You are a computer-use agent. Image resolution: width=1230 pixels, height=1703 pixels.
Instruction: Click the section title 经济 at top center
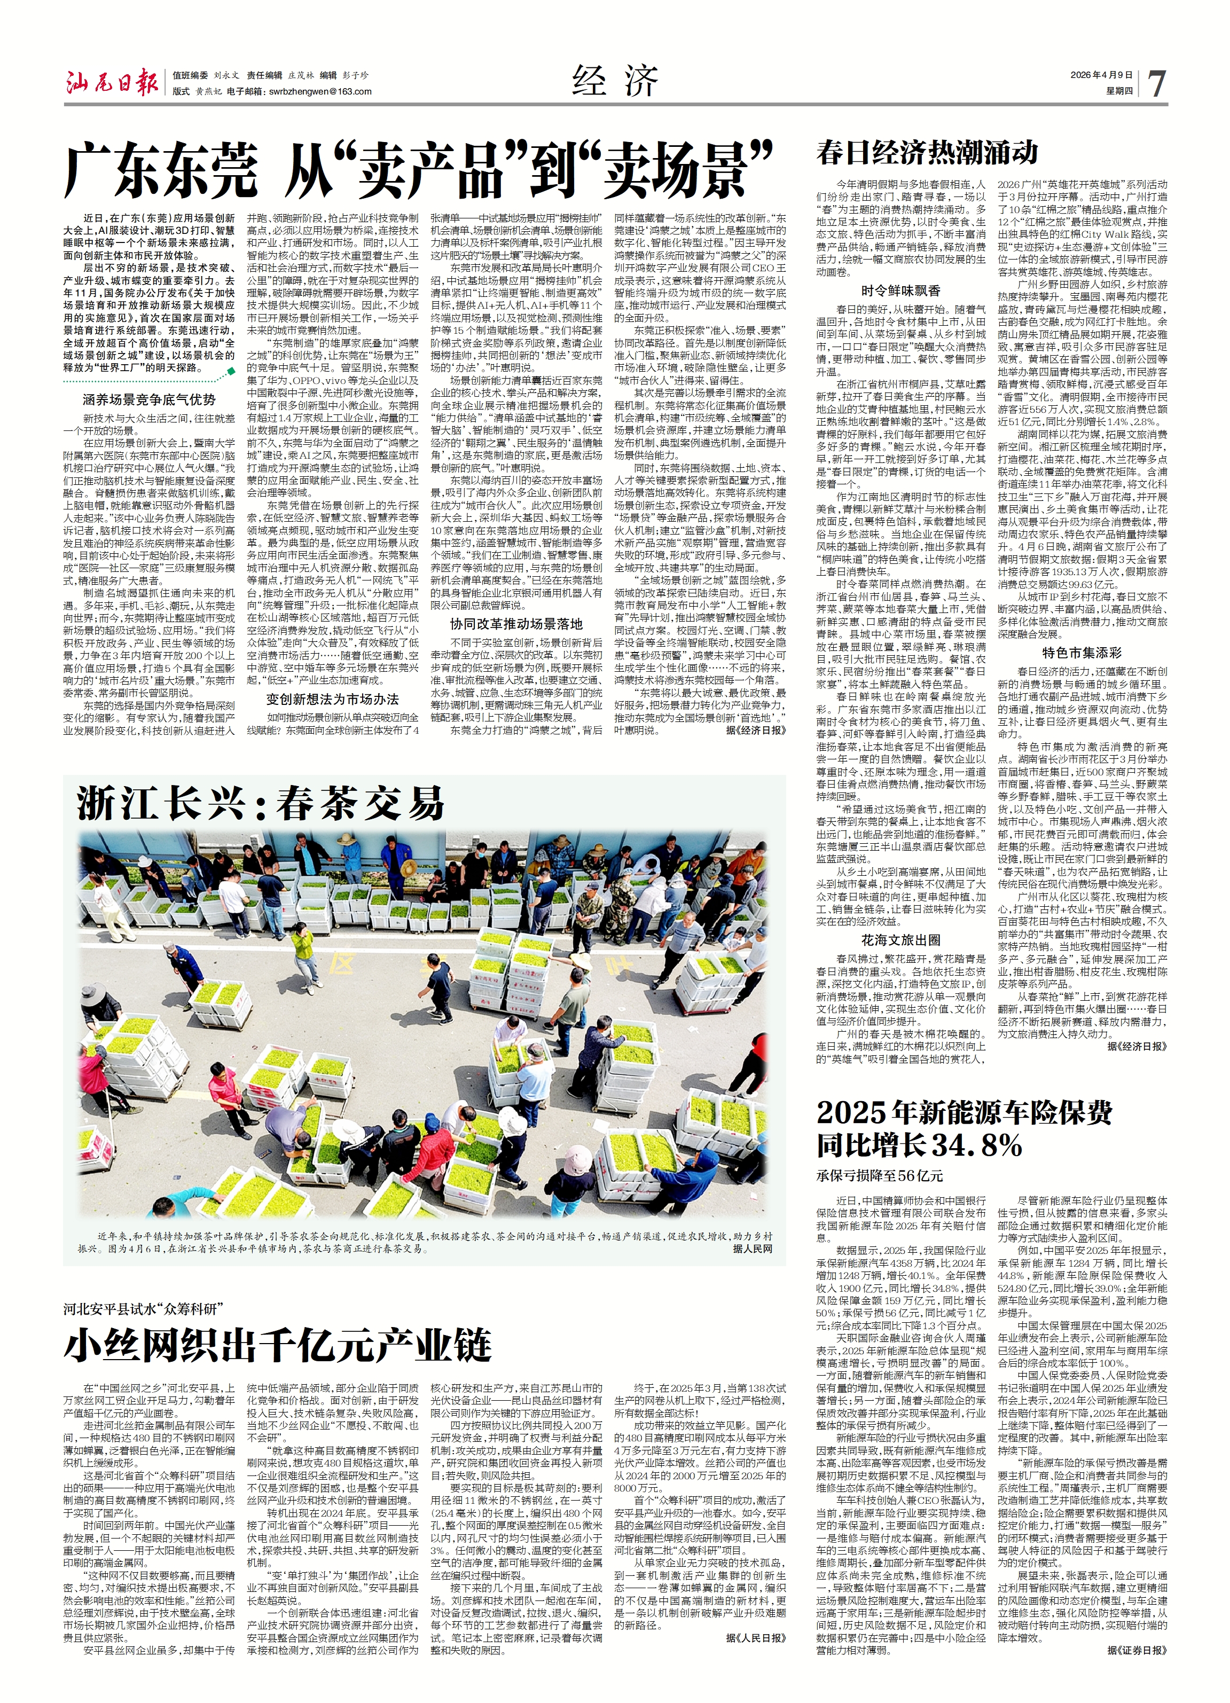(x=614, y=81)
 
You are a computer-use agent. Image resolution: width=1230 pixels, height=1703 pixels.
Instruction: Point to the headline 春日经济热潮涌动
(x=927, y=152)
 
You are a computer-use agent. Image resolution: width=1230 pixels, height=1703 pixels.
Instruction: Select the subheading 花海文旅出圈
(x=900, y=939)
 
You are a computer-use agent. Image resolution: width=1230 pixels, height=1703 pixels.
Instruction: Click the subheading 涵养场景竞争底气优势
(x=150, y=399)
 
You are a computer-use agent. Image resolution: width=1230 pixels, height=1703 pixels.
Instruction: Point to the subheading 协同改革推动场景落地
(x=516, y=623)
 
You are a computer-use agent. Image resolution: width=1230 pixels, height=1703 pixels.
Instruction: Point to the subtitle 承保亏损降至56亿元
(x=879, y=1176)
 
